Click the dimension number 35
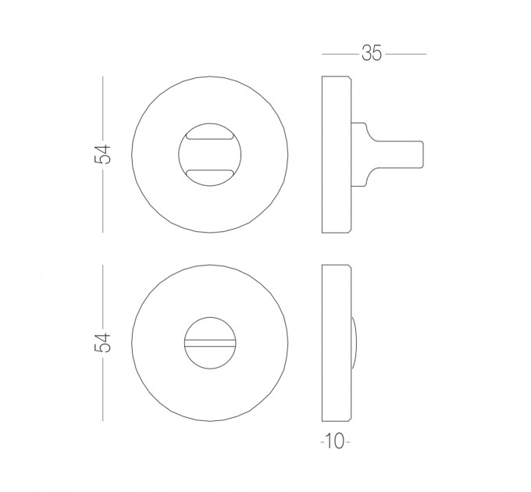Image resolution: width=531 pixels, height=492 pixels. [x=372, y=53]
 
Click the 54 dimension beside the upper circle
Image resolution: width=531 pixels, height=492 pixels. [x=102, y=155]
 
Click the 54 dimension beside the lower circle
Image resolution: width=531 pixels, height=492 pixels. [x=102, y=343]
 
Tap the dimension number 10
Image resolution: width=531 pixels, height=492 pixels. [x=335, y=441]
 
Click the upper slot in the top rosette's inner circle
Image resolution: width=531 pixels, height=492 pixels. [x=209, y=136]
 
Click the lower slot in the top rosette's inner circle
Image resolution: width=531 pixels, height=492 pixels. [x=209, y=173]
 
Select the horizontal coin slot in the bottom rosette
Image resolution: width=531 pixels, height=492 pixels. [x=209, y=343]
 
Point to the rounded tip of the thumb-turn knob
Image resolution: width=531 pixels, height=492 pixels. [x=422, y=155]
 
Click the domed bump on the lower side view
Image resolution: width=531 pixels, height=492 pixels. [x=354, y=343]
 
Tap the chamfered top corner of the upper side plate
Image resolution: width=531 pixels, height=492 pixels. [x=350, y=78]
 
